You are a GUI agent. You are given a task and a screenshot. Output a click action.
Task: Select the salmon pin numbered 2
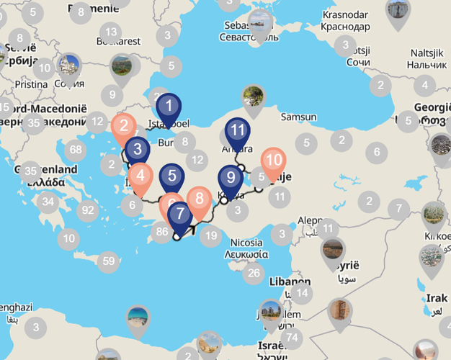(x=124, y=127)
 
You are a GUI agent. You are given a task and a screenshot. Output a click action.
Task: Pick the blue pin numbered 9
(x=231, y=177)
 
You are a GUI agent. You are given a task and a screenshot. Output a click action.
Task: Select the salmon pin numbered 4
(x=140, y=175)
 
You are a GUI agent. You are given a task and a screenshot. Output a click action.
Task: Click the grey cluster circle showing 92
(x=88, y=211)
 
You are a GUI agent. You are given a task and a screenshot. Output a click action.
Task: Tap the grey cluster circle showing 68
(x=75, y=150)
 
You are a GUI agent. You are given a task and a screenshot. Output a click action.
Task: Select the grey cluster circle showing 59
(x=108, y=261)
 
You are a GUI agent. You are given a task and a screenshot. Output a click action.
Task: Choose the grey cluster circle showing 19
(x=210, y=235)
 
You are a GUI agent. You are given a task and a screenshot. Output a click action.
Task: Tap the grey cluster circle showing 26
(x=253, y=272)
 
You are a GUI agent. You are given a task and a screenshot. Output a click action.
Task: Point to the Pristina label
(x=30, y=84)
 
